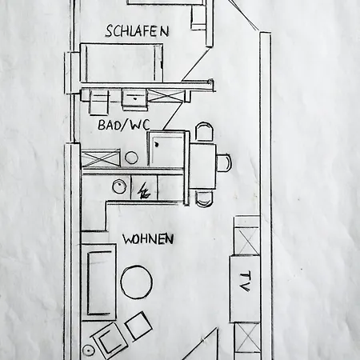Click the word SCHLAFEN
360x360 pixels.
(x=137, y=31)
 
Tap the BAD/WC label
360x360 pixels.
(x=124, y=125)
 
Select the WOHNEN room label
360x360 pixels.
(x=148, y=239)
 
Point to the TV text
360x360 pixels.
(x=245, y=281)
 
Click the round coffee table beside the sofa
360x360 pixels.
(x=137, y=282)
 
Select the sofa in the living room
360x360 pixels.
(x=99, y=282)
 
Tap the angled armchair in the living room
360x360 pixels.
(x=109, y=338)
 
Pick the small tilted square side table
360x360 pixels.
(x=139, y=326)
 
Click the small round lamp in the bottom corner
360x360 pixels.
(x=87, y=350)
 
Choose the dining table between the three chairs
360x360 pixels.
(x=202, y=166)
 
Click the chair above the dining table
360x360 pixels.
(x=205, y=133)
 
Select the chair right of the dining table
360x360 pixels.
(x=223, y=163)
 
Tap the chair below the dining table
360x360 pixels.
(x=205, y=198)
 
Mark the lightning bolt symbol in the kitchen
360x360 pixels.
(x=143, y=191)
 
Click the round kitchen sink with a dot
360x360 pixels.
(x=119, y=186)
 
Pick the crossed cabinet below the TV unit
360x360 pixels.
(x=247, y=338)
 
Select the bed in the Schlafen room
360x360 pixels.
(x=122, y=62)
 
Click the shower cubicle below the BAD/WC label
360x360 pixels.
(x=166, y=149)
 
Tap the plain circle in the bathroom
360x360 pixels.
(x=131, y=158)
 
